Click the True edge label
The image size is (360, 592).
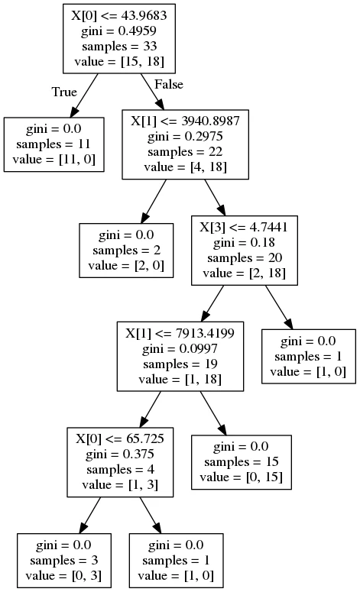64,92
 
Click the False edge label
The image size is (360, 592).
169,84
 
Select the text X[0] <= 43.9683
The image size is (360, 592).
119,15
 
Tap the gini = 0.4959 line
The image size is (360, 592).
119,31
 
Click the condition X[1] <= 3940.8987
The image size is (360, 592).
185,121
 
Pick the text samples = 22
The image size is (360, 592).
185,152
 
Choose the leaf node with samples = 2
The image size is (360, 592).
126,251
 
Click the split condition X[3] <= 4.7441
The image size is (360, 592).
244,227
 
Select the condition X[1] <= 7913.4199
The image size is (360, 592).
180,333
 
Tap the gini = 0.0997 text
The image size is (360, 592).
180,348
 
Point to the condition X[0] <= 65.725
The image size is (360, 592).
120,438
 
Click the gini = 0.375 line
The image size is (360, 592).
120,455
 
